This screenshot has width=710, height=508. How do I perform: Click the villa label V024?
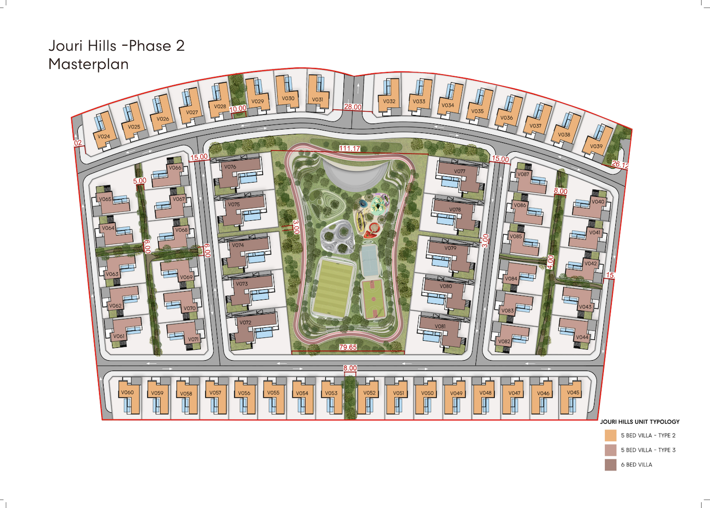coord(104,136)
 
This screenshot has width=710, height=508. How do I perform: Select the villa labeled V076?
coord(230,167)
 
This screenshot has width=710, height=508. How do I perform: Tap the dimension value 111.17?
coord(350,148)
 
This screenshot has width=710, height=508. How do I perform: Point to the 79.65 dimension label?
coord(348,347)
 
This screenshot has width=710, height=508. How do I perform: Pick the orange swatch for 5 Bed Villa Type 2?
coord(610,436)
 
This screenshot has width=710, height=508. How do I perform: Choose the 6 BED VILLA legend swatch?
coord(610,465)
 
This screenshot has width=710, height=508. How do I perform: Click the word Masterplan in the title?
coord(88,64)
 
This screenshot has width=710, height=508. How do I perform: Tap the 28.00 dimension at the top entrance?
coord(353,107)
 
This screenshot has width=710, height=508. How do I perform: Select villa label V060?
coord(127,392)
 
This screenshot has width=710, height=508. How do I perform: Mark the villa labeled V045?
coord(573,392)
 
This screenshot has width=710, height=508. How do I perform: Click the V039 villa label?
coord(596,146)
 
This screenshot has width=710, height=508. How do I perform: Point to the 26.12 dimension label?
coord(620,164)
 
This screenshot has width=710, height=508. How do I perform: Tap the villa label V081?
coord(440,326)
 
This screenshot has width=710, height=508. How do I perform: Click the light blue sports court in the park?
coord(369,260)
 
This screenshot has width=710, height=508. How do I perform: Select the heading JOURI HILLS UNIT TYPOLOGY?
coord(640,422)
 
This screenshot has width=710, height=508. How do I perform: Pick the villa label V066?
coord(175,168)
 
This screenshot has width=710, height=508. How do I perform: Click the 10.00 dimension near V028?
coord(237,109)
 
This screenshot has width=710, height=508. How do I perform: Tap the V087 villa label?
coord(523,174)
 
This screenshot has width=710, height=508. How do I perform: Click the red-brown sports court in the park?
coord(373,299)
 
